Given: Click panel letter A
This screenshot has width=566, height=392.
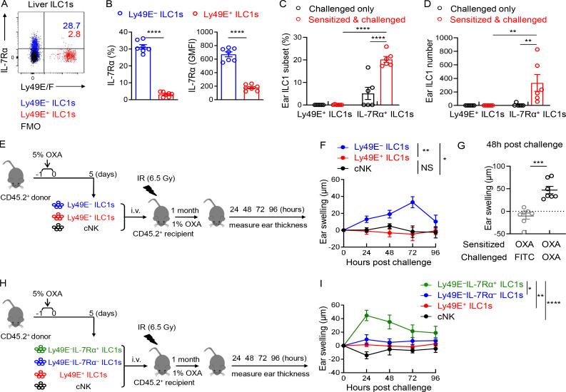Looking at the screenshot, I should [5, 6].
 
